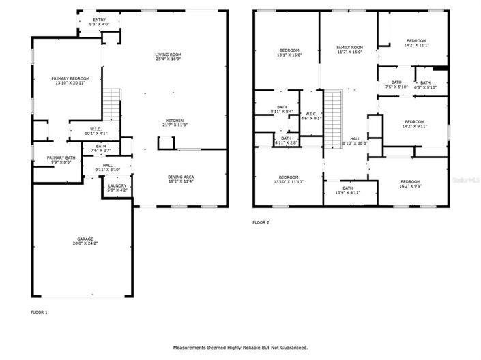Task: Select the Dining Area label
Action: pos(181,179)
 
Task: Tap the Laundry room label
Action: pos(117,188)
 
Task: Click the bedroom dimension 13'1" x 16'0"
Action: pos(290,55)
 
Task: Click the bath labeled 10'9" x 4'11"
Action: pos(348,191)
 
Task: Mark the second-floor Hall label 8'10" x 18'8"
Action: pos(355,140)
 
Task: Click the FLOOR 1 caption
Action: pos(40,312)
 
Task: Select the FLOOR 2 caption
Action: pos(261,222)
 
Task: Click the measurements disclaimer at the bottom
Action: pos(240,348)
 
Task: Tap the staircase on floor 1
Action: pos(112,106)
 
